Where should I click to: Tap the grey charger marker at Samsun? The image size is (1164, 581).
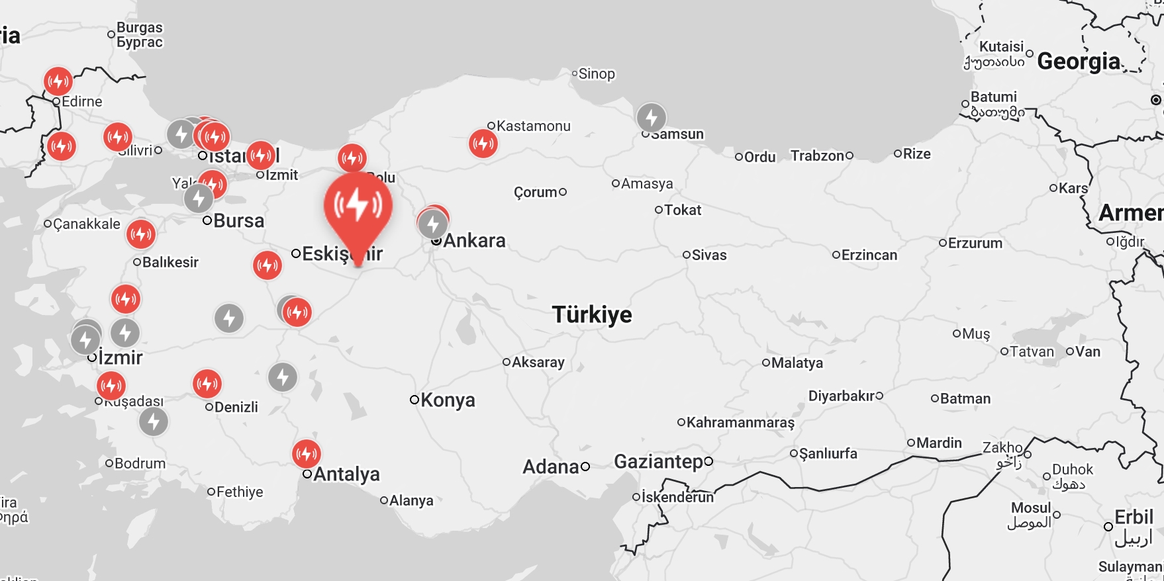(x=651, y=118)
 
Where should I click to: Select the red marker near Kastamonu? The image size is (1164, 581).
(x=483, y=143)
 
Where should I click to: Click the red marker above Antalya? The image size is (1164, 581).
(x=307, y=453)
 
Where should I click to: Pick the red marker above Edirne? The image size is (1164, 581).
(x=58, y=81)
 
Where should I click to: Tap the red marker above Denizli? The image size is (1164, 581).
(x=207, y=383)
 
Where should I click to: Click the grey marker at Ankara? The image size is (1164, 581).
(x=433, y=224)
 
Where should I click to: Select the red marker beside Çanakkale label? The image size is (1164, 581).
(x=140, y=233)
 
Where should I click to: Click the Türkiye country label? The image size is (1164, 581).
(x=592, y=314)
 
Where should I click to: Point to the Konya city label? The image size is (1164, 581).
(x=448, y=400)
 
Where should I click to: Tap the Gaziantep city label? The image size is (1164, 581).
(x=658, y=461)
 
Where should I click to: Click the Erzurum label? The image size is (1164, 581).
(x=975, y=243)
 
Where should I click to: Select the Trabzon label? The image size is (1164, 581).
(x=818, y=156)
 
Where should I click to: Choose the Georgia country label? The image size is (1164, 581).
(x=1079, y=62)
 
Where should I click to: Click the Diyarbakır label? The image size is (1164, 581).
(x=841, y=396)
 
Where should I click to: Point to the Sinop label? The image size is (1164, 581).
(x=597, y=74)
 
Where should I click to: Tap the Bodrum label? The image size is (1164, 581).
(x=140, y=463)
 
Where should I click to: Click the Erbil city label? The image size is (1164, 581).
(x=1134, y=517)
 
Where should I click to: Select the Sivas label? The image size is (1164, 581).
(x=708, y=255)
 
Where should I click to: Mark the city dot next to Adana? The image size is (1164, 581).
(x=585, y=467)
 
